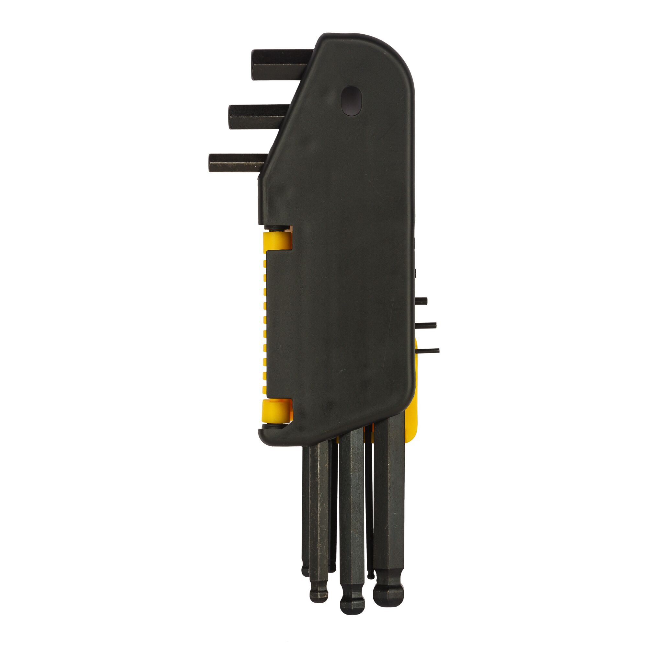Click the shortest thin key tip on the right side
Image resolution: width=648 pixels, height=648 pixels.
point(421,301)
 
